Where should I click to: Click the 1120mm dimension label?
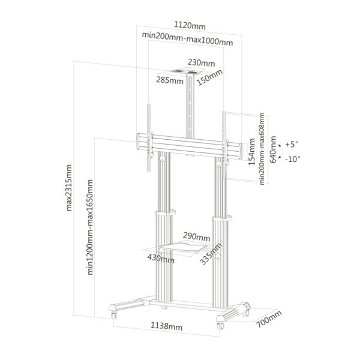coord(190,25)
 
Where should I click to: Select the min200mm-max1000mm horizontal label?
coord(187,39)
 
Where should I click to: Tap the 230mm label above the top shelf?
coord(202,62)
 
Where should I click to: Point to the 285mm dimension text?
coord(170,80)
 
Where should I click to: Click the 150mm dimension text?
coord(209,77)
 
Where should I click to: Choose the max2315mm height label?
coord(69,188)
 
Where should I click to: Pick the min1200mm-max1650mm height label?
coord(90,227)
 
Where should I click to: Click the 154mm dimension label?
coord(251,152)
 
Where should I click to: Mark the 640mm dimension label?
coord(273,149)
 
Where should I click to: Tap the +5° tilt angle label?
coord(292,145)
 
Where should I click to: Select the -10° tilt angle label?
coord(293,159)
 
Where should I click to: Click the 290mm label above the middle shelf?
coord(197,236)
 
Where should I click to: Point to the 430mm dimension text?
coord(161,258)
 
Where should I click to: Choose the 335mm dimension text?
coord(211,254)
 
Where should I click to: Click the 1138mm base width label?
coord(166,326)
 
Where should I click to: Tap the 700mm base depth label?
coord(269,319)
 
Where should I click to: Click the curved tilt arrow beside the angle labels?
coord(280,151)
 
